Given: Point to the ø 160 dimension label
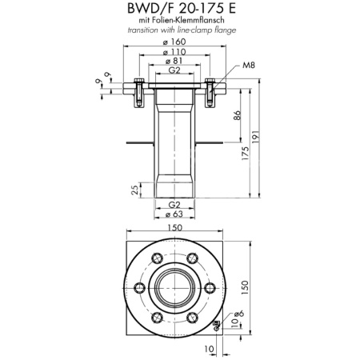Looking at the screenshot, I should (175, 43).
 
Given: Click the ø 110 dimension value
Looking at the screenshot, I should (175, 52).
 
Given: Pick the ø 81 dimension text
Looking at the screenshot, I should (175, 61).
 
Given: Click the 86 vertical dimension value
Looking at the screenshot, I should (238, 115).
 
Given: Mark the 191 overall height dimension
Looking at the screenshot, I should (255, 137).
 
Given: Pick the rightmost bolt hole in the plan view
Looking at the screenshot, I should (210, 287).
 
